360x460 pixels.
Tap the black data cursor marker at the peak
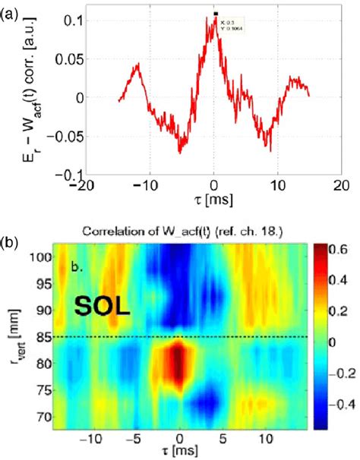point(216,14)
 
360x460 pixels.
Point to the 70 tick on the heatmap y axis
point(58,416)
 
